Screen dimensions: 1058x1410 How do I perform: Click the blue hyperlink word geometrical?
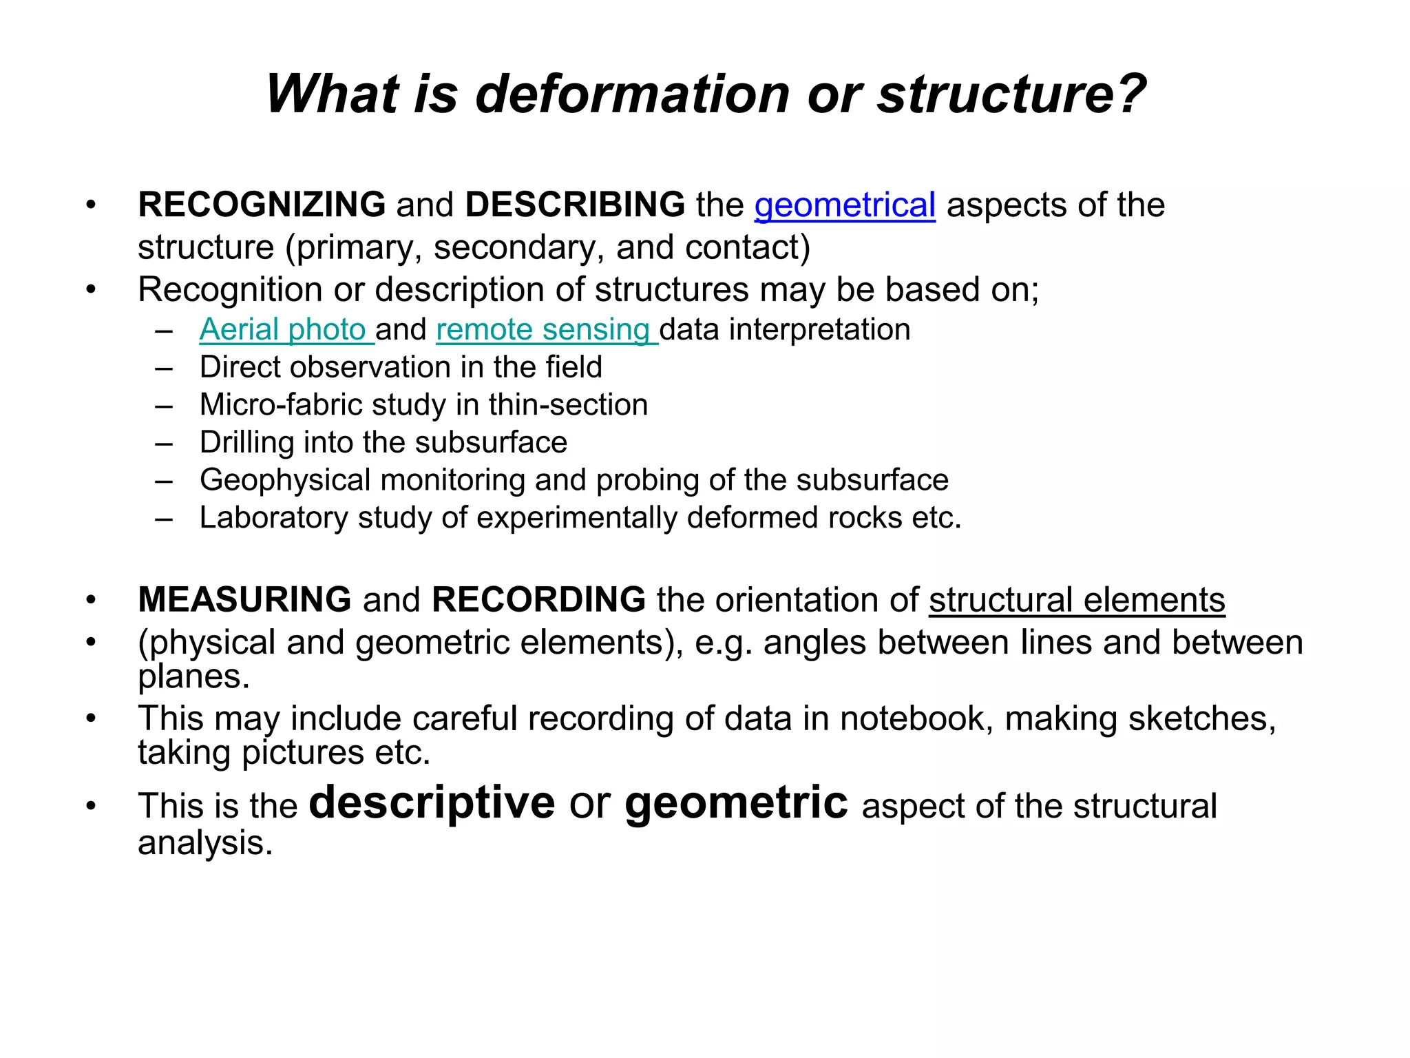pyautogui.click(x=845, y=205)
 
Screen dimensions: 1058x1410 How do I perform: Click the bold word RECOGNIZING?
pyautogui.click(x=262, y=205)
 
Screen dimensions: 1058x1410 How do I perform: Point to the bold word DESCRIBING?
pyautogui.click(x=575, y=205)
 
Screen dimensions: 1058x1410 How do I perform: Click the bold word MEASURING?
pyautogui.click(x=245, y=599)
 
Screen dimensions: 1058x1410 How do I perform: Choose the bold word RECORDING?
pyautogui.click(x=538, y=599)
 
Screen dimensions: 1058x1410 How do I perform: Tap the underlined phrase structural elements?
pyautogui.click(x=1077, y=600)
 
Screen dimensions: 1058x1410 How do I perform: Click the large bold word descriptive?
pyautogui.click(x=432, y=802)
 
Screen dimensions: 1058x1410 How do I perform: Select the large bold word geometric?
pyautogui.click(x=736, y=804)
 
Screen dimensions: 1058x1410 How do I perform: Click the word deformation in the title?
pyautogui.click(x=632, y=94)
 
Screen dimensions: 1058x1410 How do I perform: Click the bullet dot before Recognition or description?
pyautogui.click(x=91, y=290)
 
